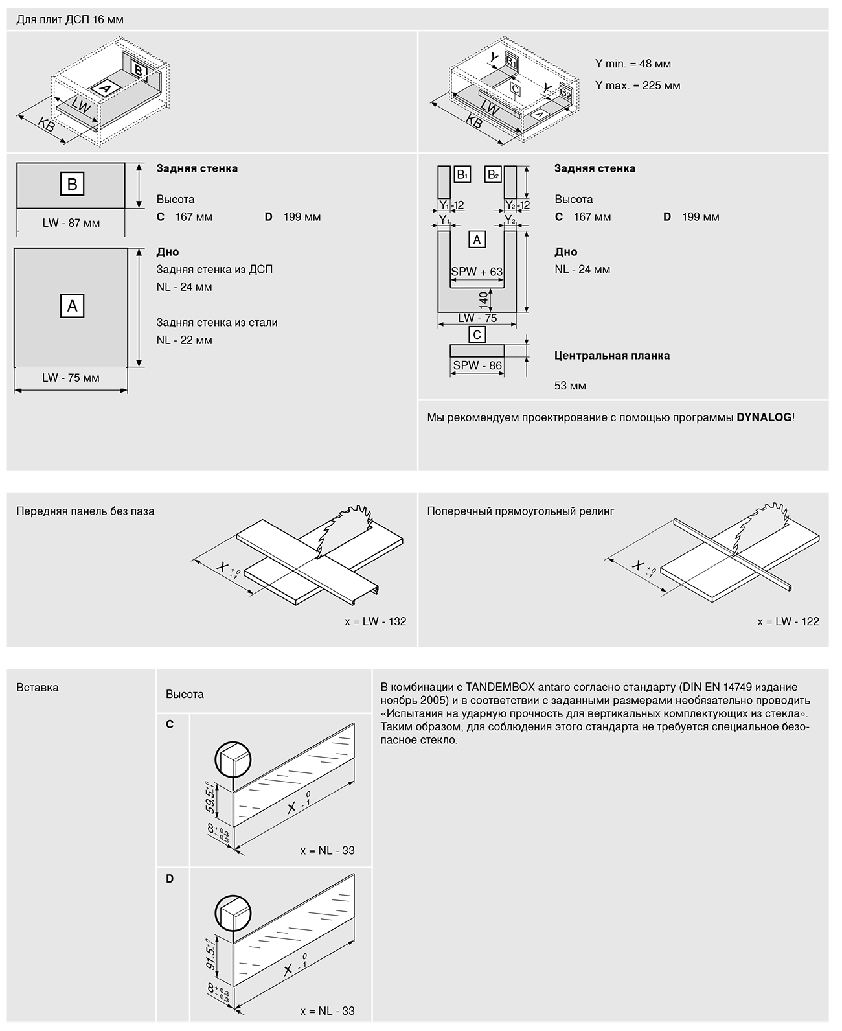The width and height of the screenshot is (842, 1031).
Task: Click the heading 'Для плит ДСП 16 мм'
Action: click(70, 19)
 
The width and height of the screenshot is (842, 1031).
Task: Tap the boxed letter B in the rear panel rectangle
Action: click(72, 184)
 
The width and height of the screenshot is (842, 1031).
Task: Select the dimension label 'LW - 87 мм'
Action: click(71, 223)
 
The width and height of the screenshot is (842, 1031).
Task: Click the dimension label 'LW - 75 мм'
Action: click(71, 378)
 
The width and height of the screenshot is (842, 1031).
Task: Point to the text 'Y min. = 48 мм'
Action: click(633, 64)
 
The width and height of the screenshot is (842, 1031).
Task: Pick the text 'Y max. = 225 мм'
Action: click(637, 86)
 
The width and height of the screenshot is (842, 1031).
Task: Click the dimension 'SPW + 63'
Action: click(477, 272)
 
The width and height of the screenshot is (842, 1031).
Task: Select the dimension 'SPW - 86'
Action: click(477, 365)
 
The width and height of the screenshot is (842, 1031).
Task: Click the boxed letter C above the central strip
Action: click(477, 334)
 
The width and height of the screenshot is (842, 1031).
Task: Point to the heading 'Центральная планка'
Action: click(612, 355)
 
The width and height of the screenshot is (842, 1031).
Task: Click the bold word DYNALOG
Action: click(764, 417)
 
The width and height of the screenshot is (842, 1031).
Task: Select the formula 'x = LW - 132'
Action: click(376, 621)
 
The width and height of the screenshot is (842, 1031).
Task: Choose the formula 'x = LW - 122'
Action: click(788, 621)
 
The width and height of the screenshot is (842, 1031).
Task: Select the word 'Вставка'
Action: click(38, 688)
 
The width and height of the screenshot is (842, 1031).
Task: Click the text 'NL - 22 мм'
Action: click(184, 340)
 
